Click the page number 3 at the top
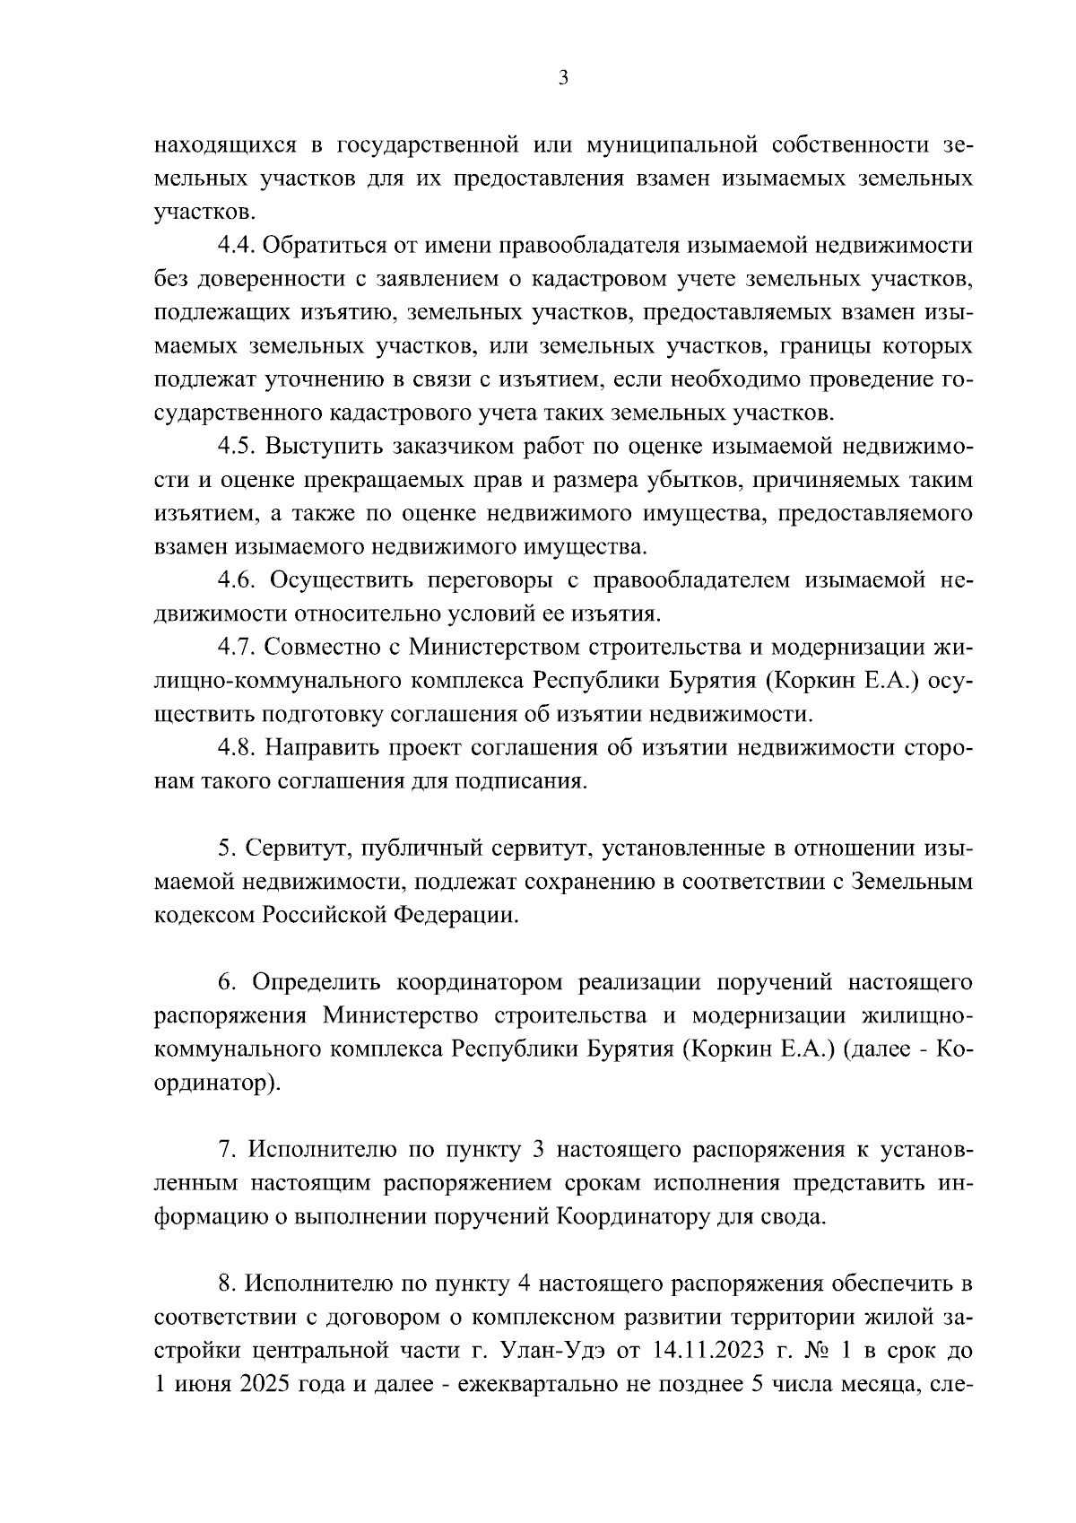[x=563, y=78]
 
